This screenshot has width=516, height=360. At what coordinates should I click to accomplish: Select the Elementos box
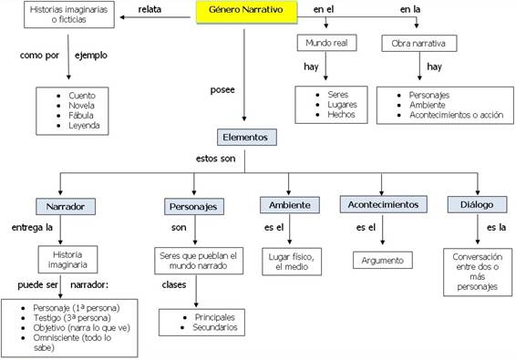tap(247, 139)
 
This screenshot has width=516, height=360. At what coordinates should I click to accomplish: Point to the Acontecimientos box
tap(380, 205)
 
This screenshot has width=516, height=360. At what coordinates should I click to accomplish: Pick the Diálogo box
tap(470, 205)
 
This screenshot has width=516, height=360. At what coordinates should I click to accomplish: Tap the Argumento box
tap(383, 260)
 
